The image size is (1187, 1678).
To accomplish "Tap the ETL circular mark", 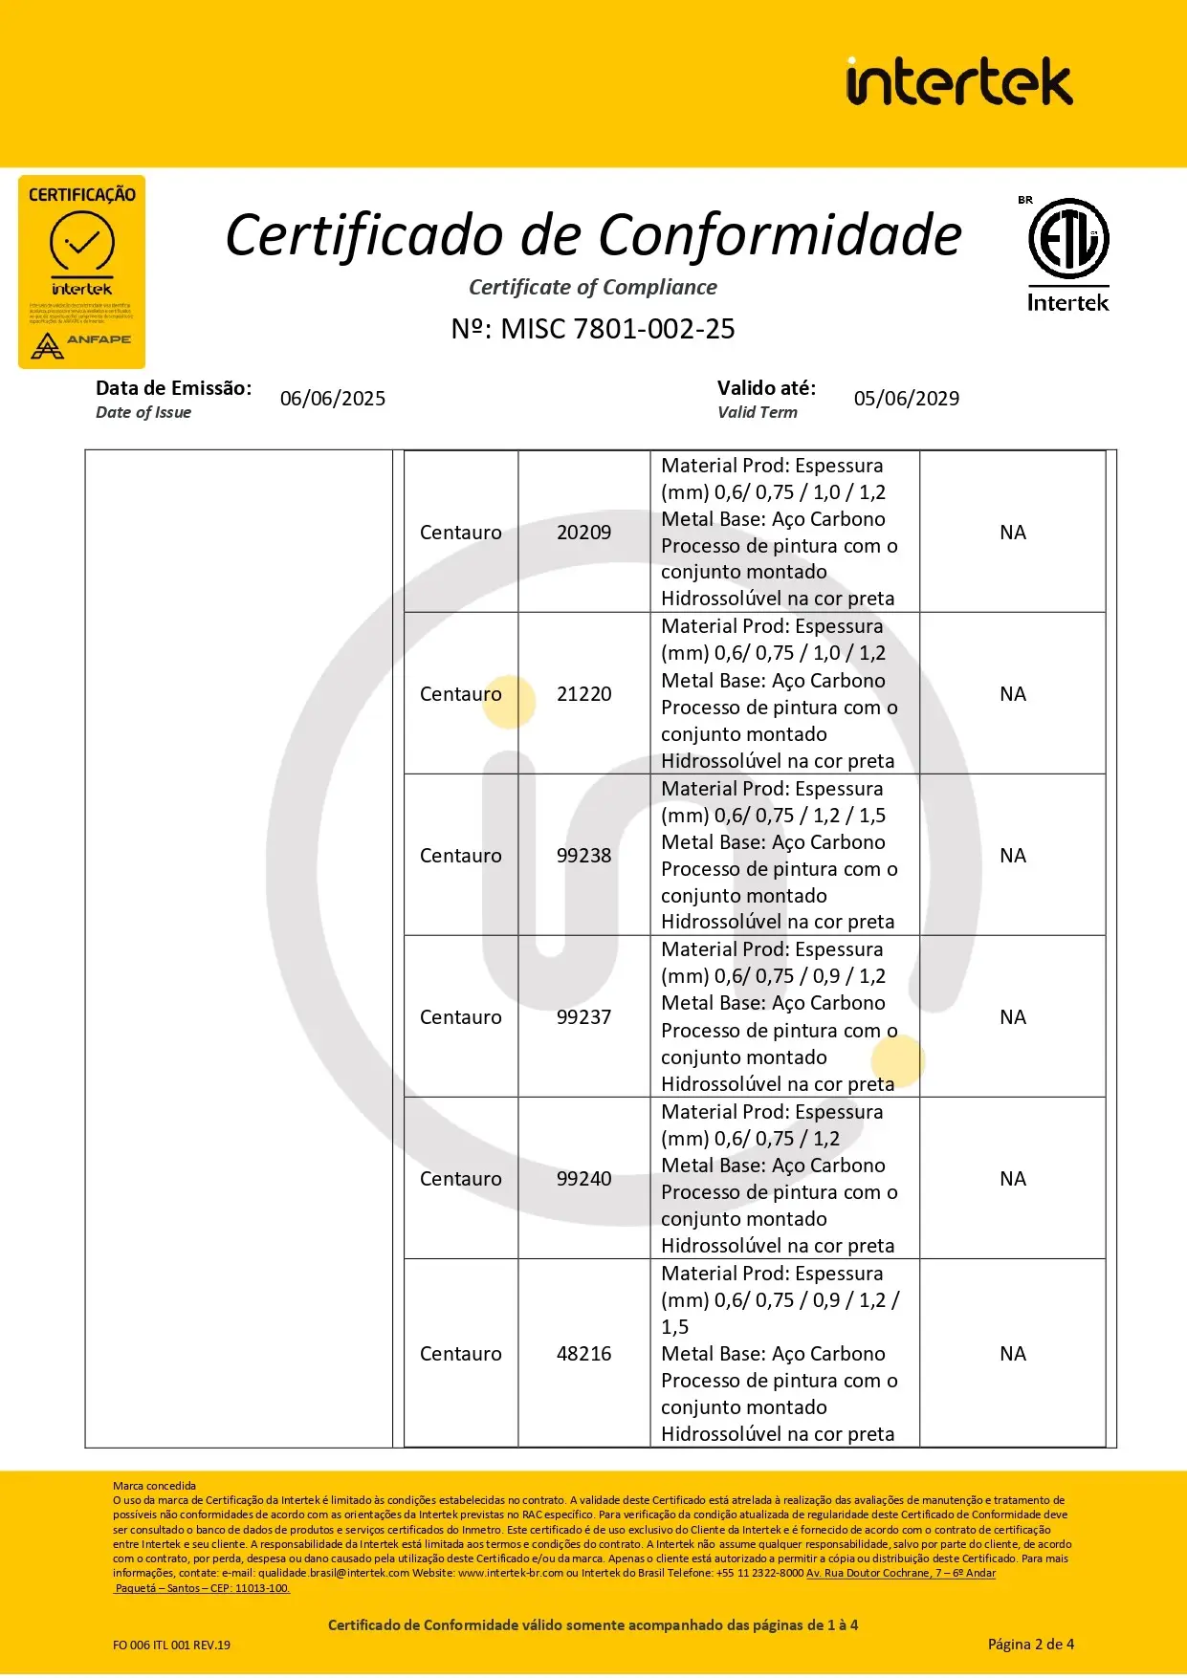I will tap(1068, 238).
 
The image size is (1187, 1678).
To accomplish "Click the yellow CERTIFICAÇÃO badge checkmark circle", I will tap(82, 243).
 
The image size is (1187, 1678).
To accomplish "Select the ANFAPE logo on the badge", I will tap(81, 343).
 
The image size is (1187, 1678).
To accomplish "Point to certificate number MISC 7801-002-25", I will tap(593, 329).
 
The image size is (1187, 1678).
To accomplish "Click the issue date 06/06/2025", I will tap(333, 399).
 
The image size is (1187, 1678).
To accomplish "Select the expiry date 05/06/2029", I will tap(907, 399).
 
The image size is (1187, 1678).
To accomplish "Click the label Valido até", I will tap(766, 388).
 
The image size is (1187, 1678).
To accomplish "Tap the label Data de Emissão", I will tap(173, 388).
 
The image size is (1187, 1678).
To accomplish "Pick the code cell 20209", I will tap(583, 533).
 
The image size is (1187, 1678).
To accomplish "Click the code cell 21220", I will tap(583, 694).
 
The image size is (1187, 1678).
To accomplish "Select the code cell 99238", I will tap(583, 856).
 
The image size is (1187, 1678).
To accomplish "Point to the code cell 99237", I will tap(583, 1017).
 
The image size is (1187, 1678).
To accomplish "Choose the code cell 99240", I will tap(583, 1179).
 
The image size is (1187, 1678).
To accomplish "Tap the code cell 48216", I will tap(583, 1354).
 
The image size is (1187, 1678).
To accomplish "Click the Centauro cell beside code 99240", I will tap(460, 1179).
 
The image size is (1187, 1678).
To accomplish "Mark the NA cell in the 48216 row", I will tap(1013, 1354).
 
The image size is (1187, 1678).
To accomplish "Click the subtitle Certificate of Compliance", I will tap(593, 288).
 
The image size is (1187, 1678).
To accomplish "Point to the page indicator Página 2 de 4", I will tap(1030, 1645).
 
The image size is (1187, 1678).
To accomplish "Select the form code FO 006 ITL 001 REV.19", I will tap(171, 1645).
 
